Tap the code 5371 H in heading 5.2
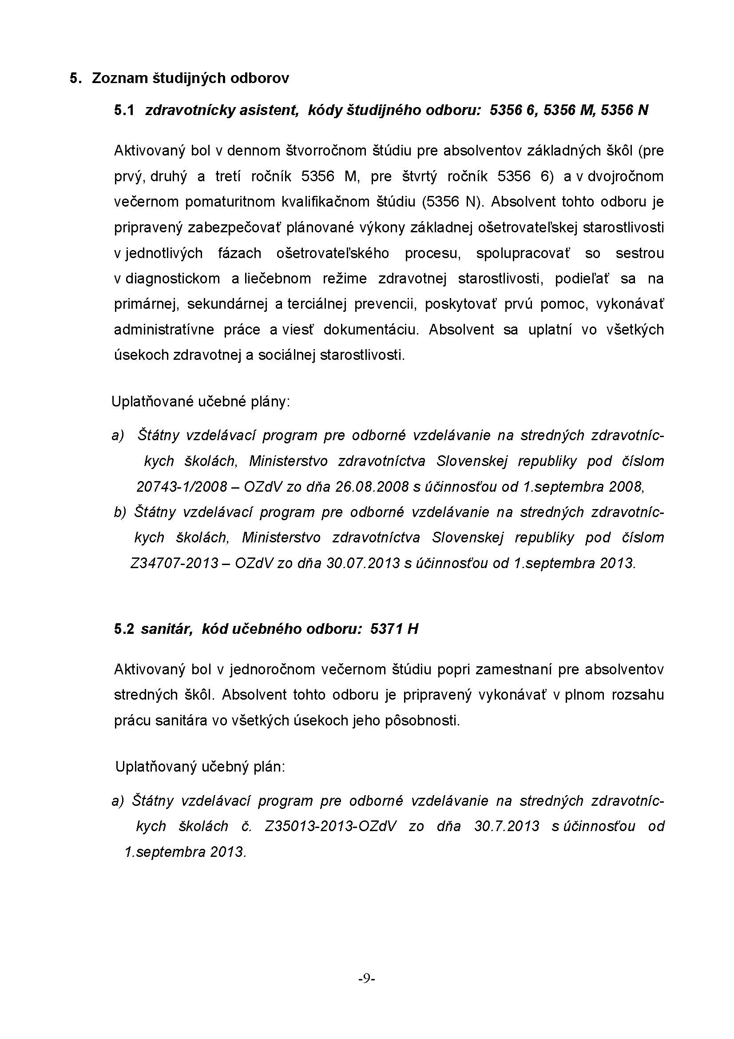pos(394,629)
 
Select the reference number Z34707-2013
pos(174,563)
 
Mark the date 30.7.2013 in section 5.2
pos(507,826)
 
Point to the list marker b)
pos(120,512)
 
